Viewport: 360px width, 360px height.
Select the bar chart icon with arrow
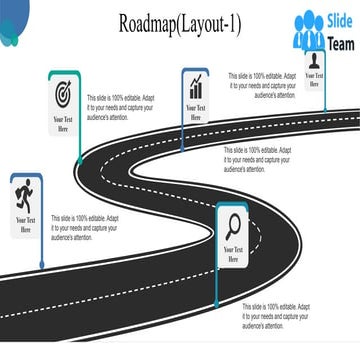(x=195, y=87)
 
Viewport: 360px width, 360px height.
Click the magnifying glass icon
(x=233, y=224)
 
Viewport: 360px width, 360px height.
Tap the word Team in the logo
(x=340, y=42)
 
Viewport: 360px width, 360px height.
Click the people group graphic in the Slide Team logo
(x=308, y=32)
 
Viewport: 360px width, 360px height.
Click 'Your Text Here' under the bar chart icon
(x=195, y=111)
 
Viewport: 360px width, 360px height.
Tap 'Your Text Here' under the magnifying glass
(x=233, y=254)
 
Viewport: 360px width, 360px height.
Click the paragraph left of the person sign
(x=262, y=85)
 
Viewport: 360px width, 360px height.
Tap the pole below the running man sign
(x=41, y=255)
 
